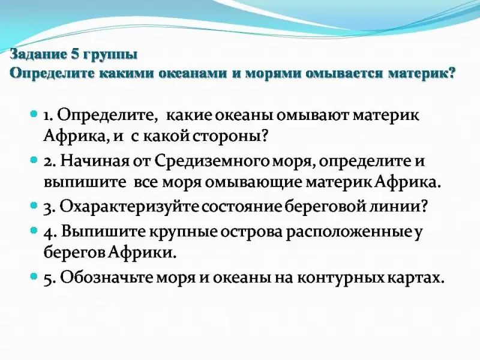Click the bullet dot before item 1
pos(34,114)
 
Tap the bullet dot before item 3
pos(34,206)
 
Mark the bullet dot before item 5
pos(34,277)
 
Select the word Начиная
pos(94,161)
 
